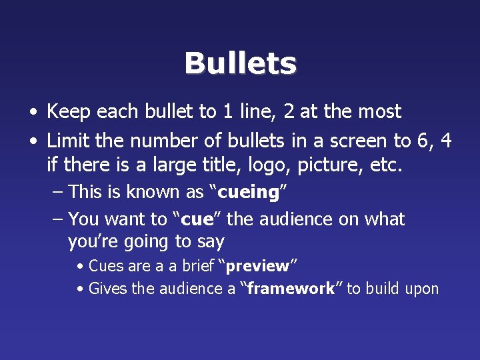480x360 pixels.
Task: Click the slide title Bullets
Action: coord(240,64)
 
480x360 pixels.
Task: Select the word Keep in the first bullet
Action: coord(69,112)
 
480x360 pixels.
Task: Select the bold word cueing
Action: coord(248,193)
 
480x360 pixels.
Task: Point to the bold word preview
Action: coord(257,266)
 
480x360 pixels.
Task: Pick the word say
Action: coord(211,242)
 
